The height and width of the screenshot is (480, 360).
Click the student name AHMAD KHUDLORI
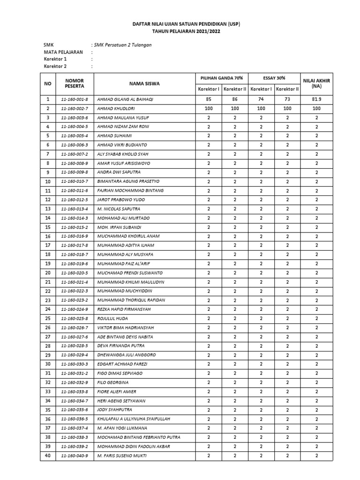[x=114, y=108]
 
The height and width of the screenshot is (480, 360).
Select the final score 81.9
[x=316, y=99]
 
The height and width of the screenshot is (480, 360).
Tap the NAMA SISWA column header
[x=144, y=83]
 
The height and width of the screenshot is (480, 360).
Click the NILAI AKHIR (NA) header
[x=316, y=83]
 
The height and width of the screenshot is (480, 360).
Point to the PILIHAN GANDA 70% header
[x=221, y=78]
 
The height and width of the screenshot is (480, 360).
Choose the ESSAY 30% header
[x=274, y=78]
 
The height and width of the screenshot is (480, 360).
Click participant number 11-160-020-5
[x=75, y=273]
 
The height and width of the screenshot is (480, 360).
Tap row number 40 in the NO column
[x=47, y=456]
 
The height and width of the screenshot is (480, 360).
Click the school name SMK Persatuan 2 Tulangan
[x=123, y=45]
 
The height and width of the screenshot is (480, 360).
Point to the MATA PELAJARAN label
[x=63, y=52]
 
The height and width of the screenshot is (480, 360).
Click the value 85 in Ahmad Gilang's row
[x=208, y=99]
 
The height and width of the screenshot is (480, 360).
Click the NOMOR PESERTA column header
[x=75, y=83]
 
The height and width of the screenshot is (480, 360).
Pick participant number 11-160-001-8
[x=75, y=99]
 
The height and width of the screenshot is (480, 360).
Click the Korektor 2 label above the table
[x=55, y=67]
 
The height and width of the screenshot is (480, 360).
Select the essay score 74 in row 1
[x=261, y=99]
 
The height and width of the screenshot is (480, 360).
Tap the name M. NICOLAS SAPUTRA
[x=118, y=209]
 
